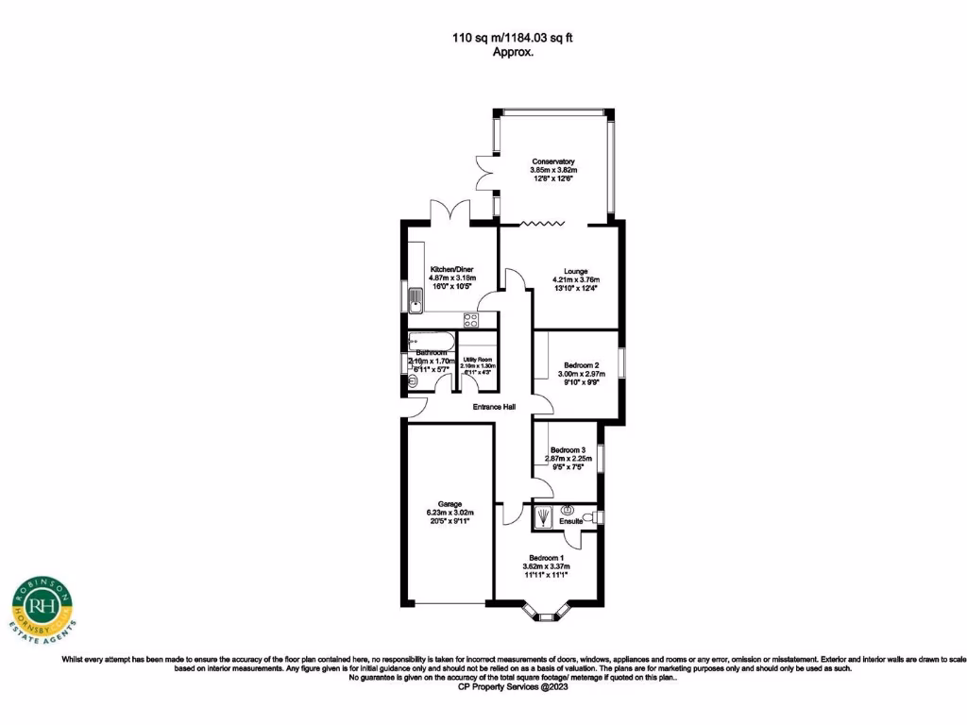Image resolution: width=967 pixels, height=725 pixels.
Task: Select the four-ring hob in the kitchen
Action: click(471, 319)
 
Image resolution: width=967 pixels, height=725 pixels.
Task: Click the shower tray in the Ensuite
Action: click(546, 516)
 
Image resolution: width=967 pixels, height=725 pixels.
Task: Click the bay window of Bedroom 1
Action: click(546, 615)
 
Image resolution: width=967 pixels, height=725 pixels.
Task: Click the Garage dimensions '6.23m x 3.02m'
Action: click(450, 514)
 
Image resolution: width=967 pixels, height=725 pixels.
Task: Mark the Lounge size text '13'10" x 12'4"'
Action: click(575, 290)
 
